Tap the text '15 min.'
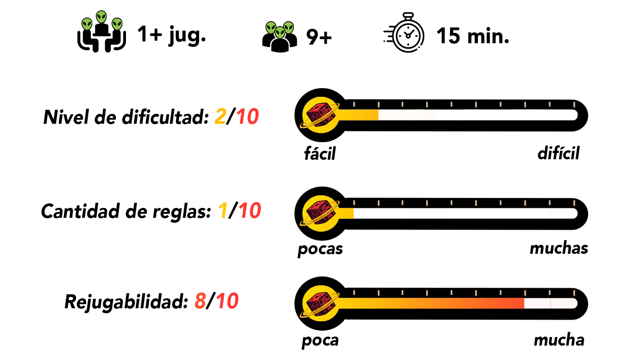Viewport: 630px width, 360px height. click(472, 36)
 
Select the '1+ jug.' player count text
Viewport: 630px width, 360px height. click(171, 36)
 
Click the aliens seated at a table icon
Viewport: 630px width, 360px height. click(102, 31)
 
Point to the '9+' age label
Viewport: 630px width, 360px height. click(319, 37)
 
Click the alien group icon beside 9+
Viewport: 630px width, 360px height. click(279, 36)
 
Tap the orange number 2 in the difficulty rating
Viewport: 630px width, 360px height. click(220, 117)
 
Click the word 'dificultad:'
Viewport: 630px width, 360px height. click(166, 117)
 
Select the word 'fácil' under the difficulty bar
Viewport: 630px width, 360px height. click(320, 153)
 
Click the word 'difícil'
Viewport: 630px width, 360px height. click(558, 153)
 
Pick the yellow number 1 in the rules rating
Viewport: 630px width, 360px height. click(223, 211)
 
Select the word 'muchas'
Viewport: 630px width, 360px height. click(559, 248)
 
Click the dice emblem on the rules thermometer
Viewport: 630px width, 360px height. click(320, 213)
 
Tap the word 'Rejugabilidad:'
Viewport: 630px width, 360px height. click(126, 302)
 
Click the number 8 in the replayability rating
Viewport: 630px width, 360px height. click(200, 301)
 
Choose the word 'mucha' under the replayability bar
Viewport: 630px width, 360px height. click(559, 340)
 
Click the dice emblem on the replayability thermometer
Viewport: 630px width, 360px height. click(320, 303)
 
